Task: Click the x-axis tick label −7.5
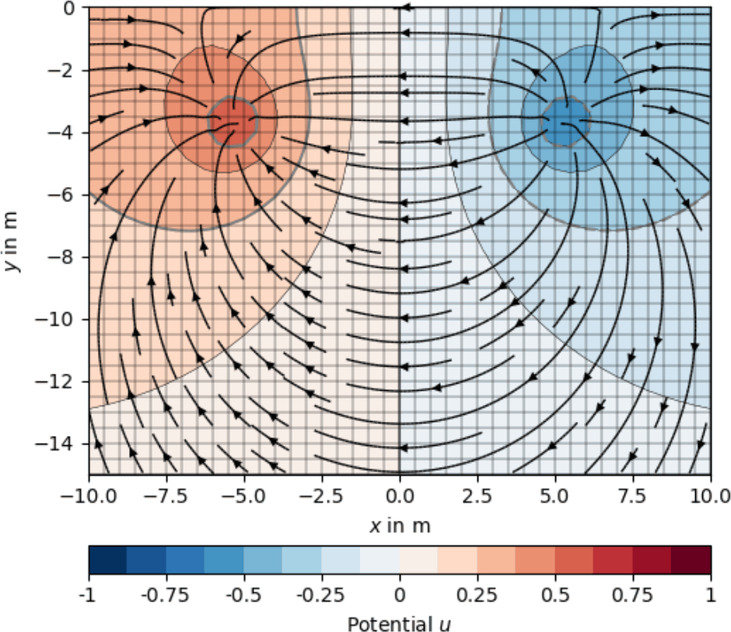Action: tap(166, 495)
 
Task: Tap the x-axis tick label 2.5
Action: tap(477, 495)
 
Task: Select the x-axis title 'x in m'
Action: tap(400, 526)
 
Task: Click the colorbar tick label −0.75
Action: tap(166, 595)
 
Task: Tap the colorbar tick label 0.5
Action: tap(555, 595)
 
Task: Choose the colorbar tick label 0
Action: tap(400, 595)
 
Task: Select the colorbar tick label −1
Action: tap(89, 595)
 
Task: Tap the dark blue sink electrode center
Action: tap(567, 121)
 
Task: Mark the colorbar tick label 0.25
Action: tap(477, 595)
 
